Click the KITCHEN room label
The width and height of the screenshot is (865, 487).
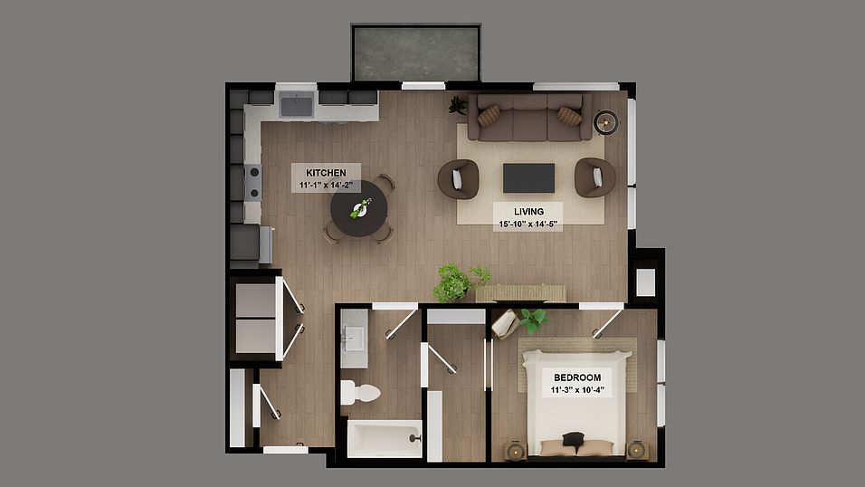point(326,178)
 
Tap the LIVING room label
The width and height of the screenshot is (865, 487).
point(528,217)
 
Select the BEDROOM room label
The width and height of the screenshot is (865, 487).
point(576,383)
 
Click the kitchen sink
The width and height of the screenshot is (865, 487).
point(296,106)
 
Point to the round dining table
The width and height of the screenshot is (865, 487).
point(358,209)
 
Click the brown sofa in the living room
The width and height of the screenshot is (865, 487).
point(529,118)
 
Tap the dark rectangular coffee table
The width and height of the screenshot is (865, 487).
point(528,177)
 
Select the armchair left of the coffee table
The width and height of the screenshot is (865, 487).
point(458,178)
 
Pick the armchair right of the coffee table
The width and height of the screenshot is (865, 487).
point(594,177)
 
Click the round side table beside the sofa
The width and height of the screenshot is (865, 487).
point(605,122)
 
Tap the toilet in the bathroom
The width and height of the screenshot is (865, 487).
point(359,393)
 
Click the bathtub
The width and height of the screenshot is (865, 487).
point(385,438)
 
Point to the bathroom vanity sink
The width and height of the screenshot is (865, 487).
point(354,339)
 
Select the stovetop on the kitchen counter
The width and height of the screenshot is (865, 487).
point(252,180)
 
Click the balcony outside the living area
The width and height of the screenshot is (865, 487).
point(415,53)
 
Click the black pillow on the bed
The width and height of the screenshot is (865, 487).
point(572,440)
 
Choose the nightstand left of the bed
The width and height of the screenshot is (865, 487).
point(514,449)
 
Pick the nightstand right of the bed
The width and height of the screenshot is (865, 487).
point(638,449)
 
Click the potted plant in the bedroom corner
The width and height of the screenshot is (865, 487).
point(532,319)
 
